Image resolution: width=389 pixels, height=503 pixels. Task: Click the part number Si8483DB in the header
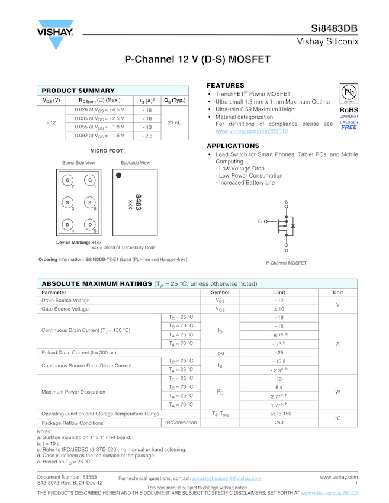click(x=335, y=29)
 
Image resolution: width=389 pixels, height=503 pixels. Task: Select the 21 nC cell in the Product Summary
click(x=175, y=122)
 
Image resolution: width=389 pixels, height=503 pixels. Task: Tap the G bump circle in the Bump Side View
click(x=90, y=180)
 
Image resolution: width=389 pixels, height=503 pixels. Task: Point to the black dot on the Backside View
click(x=118, y=175)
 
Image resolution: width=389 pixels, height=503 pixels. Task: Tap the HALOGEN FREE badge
click(x=349, y=125)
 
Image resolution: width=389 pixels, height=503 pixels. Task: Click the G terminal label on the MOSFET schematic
click(x=259, y=221)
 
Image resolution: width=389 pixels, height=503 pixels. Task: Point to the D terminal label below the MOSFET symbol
click(x=287, y=250)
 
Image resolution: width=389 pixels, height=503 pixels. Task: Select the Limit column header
click(x=279, y=292)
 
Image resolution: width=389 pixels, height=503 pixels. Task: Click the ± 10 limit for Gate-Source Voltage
click(x=279, y=309)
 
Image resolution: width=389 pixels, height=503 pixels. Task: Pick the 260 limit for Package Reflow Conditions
click(x=279, y=423)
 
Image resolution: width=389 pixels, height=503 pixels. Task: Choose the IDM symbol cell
click(x=220, y=352)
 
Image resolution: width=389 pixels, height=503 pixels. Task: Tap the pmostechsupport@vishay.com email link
click(x=227, y=478)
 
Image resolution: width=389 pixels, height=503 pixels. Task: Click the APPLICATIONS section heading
click(x=233, y=146)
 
